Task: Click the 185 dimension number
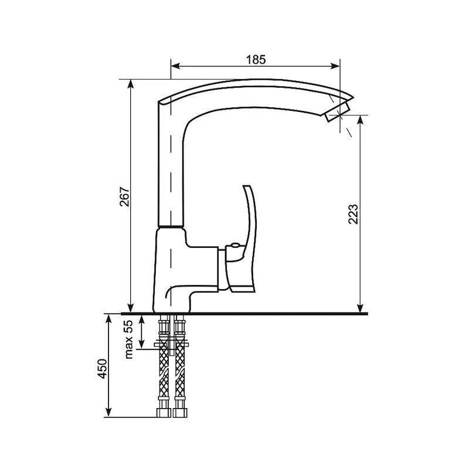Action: [256, 60]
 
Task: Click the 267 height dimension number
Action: [124, 197]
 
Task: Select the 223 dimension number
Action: [353, 214]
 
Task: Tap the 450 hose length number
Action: [102, 369]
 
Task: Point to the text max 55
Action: [128, 339]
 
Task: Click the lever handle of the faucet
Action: [242, 239]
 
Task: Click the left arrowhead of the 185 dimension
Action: [175, 66]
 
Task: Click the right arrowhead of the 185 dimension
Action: [335, 66]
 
